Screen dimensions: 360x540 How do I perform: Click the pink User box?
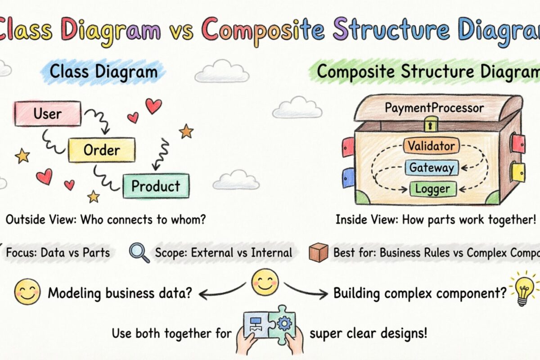pyautogui.click(x=48, y=113)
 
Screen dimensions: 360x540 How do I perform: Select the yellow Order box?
pyautogui.click(x=102, y=150)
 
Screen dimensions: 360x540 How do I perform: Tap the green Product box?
pyautogui.click(x=156, y=186)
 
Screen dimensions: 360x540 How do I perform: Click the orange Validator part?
pyautogui.click(x=432, y=146)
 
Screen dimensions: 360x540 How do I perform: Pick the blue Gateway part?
pyautogui.click(x=432, y=168)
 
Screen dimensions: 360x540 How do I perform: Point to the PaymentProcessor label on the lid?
pyautogui.click(x=434, y=108)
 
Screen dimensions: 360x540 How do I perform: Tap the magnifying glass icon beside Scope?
pyautogui.click(x=139, y=252)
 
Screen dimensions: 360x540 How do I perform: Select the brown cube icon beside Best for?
pyautogui.click(x=318, y=252)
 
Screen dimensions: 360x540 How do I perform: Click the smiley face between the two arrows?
pyautogui.click(x=265, y=282)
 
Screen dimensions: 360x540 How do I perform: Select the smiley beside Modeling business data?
pyautogui.click(x=27, y=292)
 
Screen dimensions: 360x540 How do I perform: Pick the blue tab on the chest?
pyautogui.click(x=348, y=177)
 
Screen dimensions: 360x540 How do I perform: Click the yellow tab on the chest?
pyautogui.click(x=518, y=172)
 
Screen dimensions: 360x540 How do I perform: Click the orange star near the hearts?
pyautogui.click(x=186, y=131)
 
